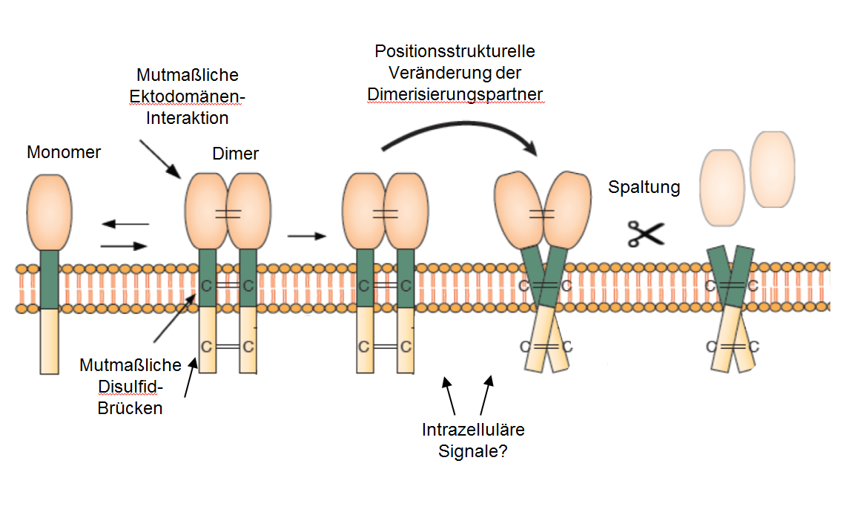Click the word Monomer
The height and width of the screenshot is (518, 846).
(x=64, y=153)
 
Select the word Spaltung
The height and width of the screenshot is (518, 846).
(x=644, y=187)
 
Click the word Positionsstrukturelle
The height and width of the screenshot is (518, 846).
(x=455, y=52)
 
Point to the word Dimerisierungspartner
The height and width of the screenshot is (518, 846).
(x=455, y=95)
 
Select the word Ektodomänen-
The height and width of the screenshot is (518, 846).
(x=187, y=97)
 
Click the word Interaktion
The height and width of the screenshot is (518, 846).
(x=188, y=118)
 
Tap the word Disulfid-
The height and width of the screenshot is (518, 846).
(x=130, y=387)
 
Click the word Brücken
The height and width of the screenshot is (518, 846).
(x=130, y=407)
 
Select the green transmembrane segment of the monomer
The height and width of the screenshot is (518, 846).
(x=49, y=279)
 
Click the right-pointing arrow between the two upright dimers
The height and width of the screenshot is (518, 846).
(x=305, y=237)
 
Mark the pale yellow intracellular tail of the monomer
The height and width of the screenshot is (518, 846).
(x=49, y=341)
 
